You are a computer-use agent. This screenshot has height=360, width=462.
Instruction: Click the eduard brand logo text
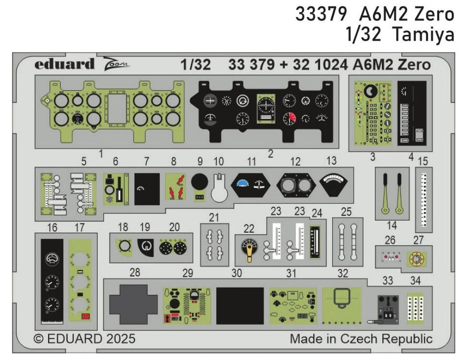point(65,64)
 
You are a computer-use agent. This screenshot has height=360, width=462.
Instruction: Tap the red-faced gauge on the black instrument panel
point(289,118)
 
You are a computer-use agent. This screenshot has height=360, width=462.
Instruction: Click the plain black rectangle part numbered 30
point(240,305)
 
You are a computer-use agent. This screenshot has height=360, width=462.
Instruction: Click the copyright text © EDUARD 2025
point(84,338)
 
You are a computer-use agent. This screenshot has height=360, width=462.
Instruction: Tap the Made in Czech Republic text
point(361,338)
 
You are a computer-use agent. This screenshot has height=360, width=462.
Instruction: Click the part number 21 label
point(214,217)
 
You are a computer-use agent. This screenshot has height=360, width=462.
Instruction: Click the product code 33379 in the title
point(322,15)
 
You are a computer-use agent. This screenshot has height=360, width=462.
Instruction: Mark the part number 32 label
point(343,273)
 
